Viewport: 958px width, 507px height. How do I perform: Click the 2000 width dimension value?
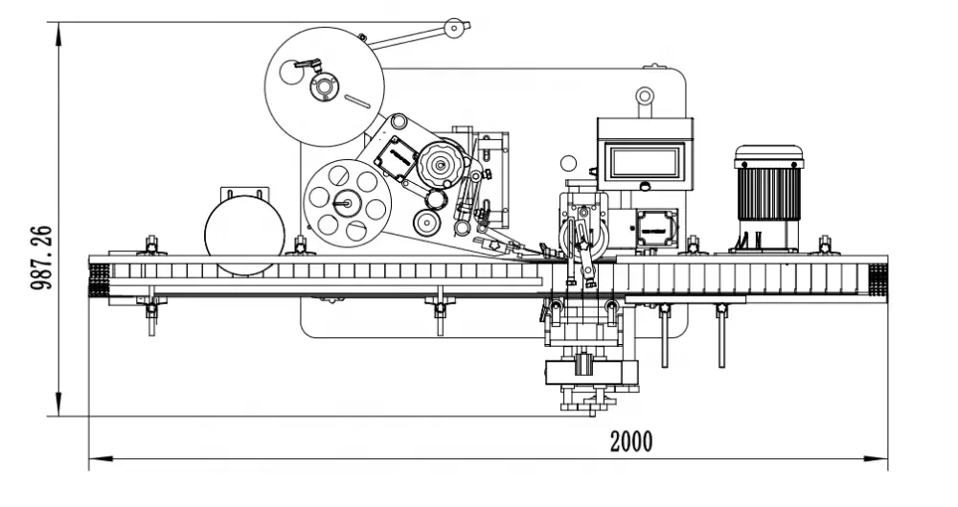(631, 441)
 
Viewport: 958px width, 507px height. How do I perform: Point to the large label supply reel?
(325, 87)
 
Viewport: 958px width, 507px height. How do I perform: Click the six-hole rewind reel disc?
(347, 203)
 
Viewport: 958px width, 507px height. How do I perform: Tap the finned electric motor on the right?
(768, 196)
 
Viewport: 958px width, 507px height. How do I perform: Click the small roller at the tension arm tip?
(453, 28)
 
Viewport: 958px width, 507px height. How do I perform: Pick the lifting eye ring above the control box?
(645, 96)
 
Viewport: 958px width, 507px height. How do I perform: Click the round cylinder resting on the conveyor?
(244, 235)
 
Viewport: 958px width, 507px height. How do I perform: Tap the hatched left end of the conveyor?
(99, 280)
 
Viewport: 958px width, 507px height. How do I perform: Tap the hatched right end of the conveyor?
(878, 280)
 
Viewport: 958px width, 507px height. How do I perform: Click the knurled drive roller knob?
(440, 164)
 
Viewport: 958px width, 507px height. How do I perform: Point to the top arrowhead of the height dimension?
(58, 34)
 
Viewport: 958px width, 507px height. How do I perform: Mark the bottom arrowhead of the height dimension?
(58, 404)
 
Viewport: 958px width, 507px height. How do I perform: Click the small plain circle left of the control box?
(568, 163)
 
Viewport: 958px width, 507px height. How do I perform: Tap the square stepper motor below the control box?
(656, 227)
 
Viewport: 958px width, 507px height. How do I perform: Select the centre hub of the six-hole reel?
(345, 203)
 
